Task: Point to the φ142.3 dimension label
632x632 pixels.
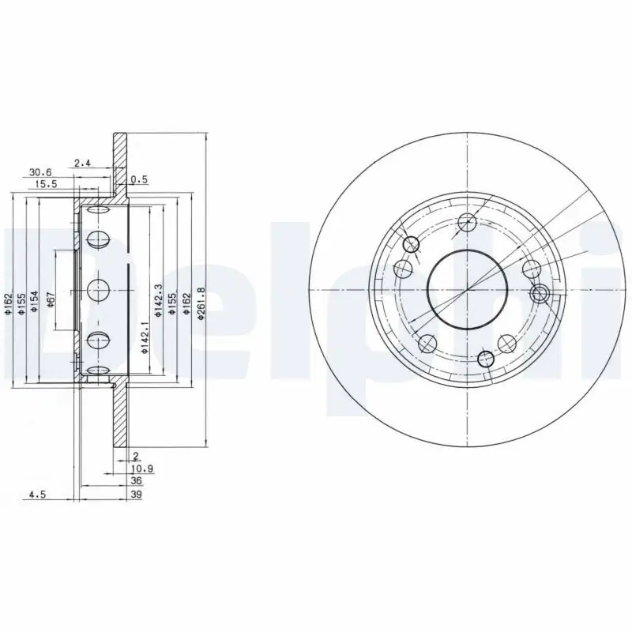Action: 159,301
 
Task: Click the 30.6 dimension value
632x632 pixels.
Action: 40,171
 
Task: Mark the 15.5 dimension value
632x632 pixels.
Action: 46,183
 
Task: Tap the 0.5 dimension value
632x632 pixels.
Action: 139,179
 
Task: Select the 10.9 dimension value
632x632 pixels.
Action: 142,468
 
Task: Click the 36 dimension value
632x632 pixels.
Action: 136,480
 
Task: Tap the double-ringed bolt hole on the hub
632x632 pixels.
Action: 541,294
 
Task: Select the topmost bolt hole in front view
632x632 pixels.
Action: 467,221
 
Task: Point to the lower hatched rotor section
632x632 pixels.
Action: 120,419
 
